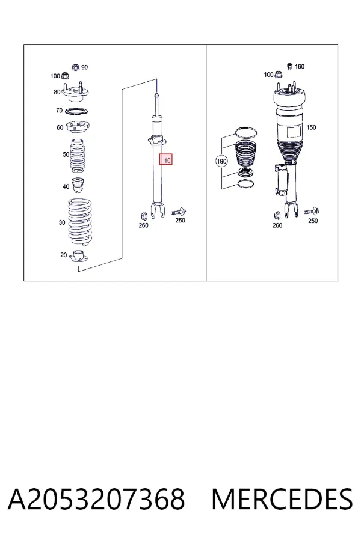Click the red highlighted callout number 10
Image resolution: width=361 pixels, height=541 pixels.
coord(166,159)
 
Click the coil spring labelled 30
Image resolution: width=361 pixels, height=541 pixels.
coord(80,222)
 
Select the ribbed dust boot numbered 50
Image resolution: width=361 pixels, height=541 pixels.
coord(78,156)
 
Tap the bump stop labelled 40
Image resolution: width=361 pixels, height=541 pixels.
coord(78,186)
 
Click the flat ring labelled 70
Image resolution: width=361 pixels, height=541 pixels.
coord(76,112)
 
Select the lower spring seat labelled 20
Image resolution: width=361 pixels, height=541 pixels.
coord(79,256)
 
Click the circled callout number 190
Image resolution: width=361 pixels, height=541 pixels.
coord(221,161)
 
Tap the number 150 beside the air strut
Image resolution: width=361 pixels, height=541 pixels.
coord(311,127)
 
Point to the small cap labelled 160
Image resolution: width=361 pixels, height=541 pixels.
coord(290,66)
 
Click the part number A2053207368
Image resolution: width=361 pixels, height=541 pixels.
coord(96,500)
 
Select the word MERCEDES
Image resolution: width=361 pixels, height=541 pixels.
coord(282,500)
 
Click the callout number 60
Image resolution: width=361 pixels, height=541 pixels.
coord(60,127)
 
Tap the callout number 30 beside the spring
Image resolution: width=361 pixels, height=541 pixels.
coord(62,222)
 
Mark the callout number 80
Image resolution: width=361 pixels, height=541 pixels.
coord(57,92)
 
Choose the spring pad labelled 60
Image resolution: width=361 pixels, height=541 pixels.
coord(78,129)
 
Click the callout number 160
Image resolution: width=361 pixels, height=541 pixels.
coord(300,66)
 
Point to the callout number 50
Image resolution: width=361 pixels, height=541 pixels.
coord(66,154)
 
